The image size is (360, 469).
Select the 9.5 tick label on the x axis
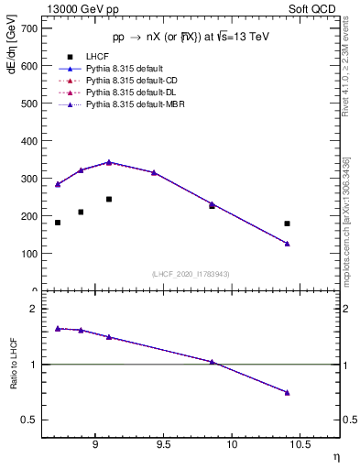(163, 445)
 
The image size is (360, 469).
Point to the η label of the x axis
(335, 456)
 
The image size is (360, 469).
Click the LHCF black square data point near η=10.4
(287, 224)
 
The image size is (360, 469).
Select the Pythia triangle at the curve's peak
(109, 162)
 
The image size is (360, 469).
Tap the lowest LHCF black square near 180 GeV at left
(58, 223)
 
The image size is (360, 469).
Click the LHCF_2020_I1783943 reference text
(191, 274)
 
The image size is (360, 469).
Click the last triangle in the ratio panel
(287, 392)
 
